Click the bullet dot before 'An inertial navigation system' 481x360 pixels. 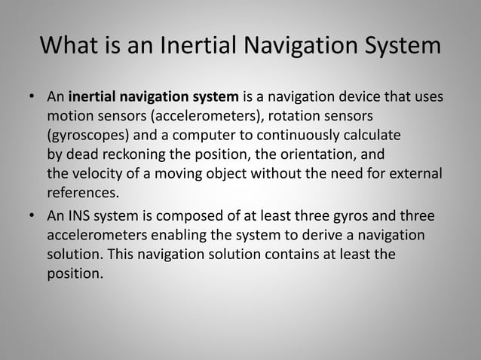pos(32,98)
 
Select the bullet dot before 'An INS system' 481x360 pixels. pos(32,216)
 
